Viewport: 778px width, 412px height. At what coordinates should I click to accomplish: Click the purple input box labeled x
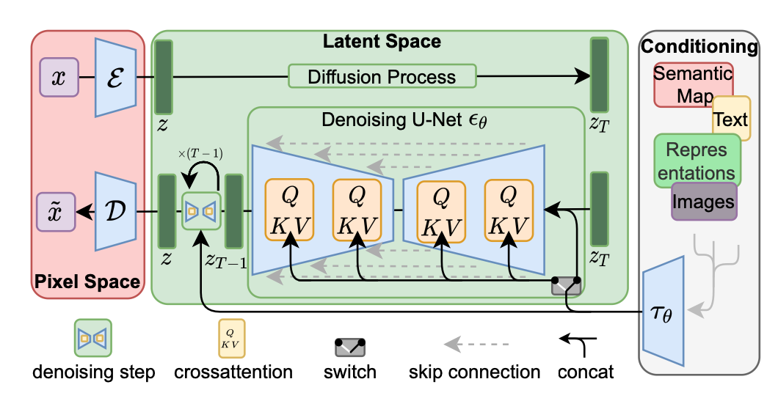click(59, 77)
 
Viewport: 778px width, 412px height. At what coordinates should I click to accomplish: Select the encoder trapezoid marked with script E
click(115, 77)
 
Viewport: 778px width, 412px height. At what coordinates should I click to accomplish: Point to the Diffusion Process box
click(382, 76)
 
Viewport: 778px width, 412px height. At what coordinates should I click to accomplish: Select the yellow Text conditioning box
click(731, 119)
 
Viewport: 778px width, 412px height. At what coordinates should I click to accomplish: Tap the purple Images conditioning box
click(704, 201)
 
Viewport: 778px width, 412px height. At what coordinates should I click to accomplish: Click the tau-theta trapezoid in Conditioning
click(664, 312)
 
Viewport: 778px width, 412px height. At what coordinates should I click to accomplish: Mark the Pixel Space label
click(87, 282)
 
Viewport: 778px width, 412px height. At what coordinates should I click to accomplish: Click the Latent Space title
click(382, 41)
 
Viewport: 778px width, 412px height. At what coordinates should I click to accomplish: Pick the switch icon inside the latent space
click(566, 286)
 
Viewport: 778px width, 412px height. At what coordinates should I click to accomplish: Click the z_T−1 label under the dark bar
click(226, 260)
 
